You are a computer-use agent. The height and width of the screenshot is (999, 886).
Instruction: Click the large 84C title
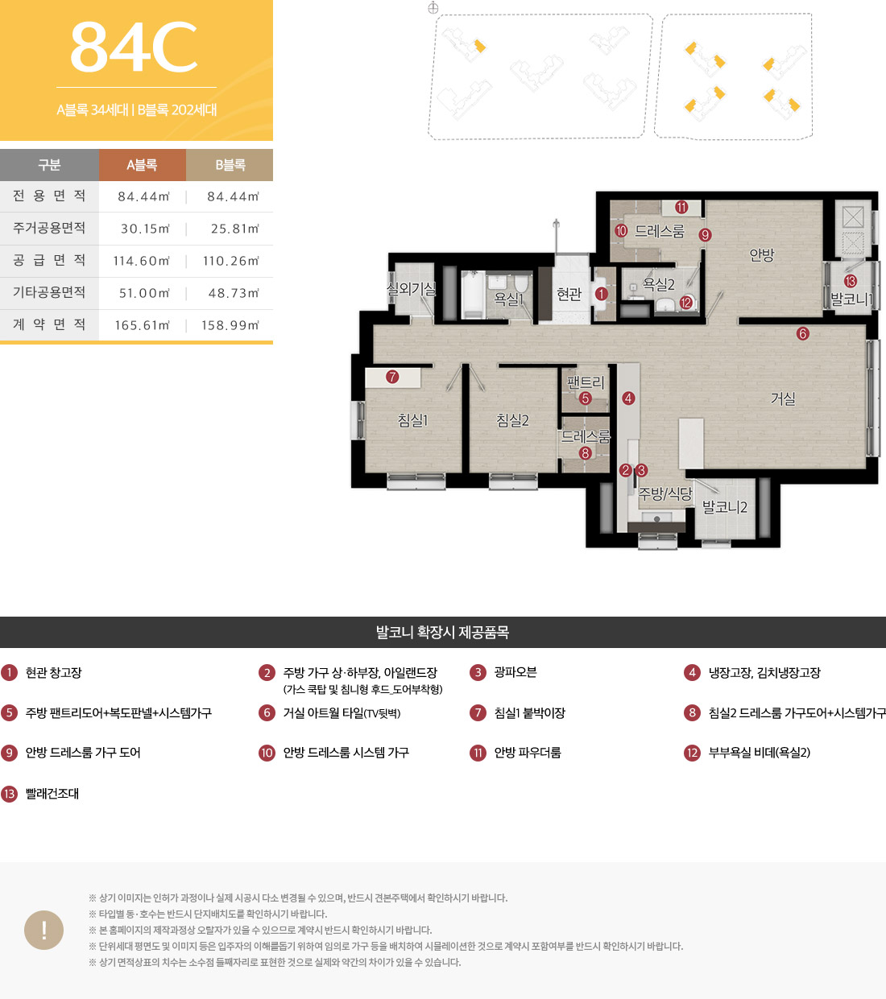coord(134,47)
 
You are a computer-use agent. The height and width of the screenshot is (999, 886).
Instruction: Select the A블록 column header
coord(142,165)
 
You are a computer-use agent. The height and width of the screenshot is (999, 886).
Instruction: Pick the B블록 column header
coord(230,165)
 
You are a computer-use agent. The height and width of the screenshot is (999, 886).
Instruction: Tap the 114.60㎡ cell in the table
coord(142,261)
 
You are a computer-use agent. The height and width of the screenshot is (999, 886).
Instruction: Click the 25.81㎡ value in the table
coord(235,229)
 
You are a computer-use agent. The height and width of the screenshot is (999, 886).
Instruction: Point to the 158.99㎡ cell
coord(230,325)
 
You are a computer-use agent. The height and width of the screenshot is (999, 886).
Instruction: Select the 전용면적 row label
coord(49,196)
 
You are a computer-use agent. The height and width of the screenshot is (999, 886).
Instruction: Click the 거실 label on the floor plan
coord(783,398)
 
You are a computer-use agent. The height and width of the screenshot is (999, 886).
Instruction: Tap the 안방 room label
coord(762,255)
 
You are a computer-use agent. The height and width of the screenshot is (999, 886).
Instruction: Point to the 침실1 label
coord(413,420)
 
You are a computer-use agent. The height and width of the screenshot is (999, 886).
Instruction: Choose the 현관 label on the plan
coord(569,295)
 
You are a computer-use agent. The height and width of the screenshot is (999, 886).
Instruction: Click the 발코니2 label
coord(724,507)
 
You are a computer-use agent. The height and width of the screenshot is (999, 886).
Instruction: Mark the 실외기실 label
coord(411,288)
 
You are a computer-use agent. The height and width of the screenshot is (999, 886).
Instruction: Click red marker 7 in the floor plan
coord(392,378)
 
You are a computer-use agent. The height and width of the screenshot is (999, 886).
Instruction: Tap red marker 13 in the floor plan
coord(850,281)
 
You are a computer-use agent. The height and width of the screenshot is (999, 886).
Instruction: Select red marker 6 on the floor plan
coord(802,334)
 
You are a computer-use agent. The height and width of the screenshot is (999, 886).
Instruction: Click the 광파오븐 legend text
coord(515,672)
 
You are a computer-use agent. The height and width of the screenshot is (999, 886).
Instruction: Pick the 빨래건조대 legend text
coord(52,794)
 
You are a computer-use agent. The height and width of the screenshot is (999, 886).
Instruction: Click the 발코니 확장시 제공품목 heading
coord(442,632)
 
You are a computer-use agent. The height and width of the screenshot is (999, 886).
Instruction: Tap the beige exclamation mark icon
coord(44,930)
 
